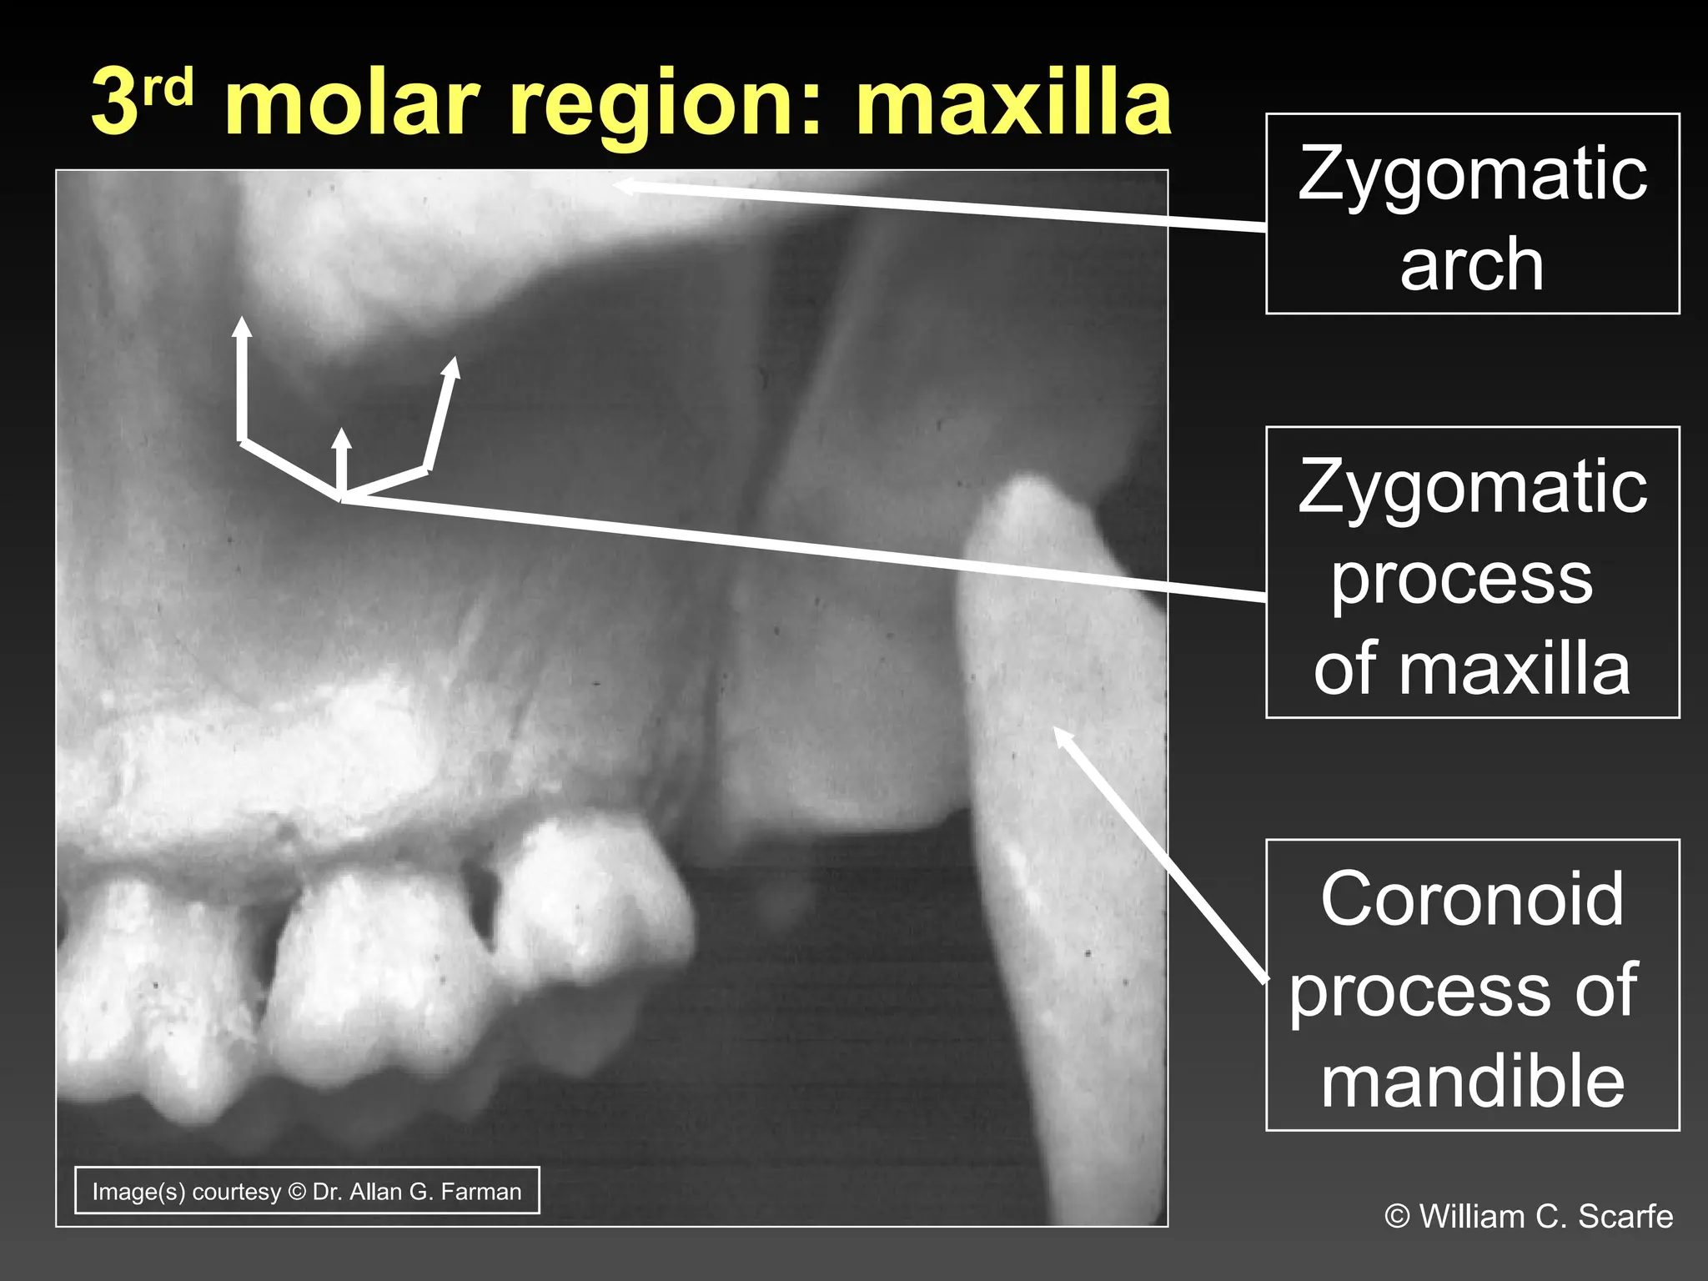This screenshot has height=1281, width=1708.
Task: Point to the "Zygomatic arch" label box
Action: pyautogui.click(x=1472, y=213)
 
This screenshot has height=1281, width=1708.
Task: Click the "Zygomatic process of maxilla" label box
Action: pyautogui.click(x=1472, y=572)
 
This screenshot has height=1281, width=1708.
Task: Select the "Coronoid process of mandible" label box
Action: pyautogui.click(x=1472, y=985)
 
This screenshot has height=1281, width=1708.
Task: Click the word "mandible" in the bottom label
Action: pyautogui.click(x=1473, y=1081)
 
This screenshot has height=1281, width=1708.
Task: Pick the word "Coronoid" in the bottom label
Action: pyautogui.click(x=1472, y=899)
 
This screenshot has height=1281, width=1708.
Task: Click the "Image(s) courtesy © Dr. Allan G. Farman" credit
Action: pyautogui.click(x=307, y=1190)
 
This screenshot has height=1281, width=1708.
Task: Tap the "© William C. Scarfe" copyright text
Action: pyautogui.click(x=1528, y=1216)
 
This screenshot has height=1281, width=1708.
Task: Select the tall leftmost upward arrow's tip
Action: pyautogui.click(x=242, y=321)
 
